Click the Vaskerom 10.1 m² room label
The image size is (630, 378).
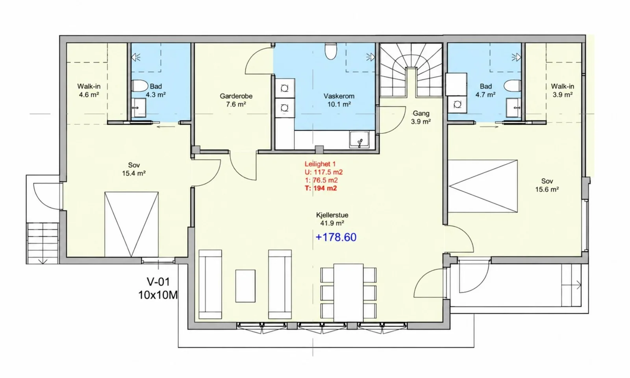tap(339, 100)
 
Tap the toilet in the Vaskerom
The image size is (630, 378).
tap(331, 51)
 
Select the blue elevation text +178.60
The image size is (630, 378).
tap(336, 237)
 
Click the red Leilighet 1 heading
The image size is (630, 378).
tap(320, 164)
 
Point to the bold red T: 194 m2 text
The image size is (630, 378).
tap(321, 188)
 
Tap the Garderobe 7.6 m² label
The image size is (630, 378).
tap(236, 100)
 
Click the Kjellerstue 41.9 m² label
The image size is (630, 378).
tap(332, 219)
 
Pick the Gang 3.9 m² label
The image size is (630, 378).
tap(421, 118)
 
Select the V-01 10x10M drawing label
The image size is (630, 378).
tap(158, 288)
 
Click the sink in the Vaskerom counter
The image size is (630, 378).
tap(359, 139)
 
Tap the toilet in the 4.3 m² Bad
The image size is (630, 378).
tap(140, 86)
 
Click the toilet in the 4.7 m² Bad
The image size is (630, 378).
tap(512, 86)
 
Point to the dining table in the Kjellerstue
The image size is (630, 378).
tap(348, 293)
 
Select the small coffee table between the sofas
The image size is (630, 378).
tap(245, 286)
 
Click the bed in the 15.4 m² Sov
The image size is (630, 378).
tap(132, 224)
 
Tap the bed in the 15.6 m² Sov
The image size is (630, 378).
tap(483, 186)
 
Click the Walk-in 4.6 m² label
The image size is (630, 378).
tap(89, 90)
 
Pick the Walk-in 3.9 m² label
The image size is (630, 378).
tap(563, 90)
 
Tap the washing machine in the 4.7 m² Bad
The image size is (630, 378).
tap(457, 105)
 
